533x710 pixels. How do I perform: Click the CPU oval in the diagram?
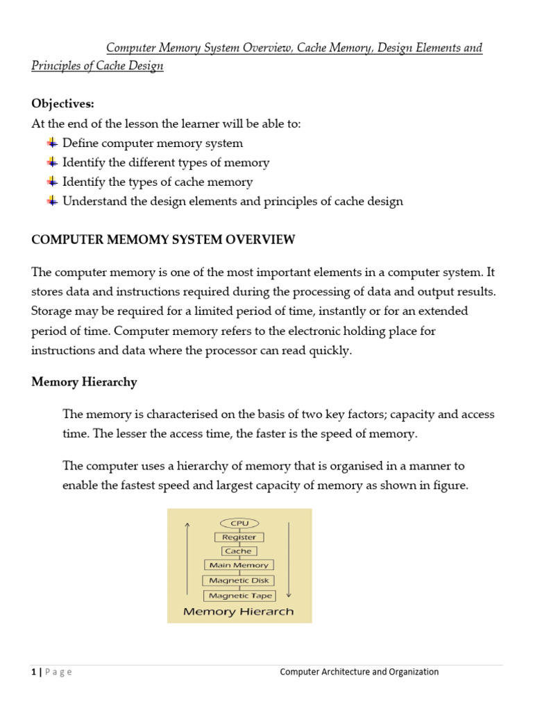click(239, 523)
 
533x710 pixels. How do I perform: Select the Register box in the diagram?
click(239, 537)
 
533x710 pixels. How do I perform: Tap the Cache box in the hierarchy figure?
click(239, 551)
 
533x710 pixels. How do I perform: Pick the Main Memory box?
click(239, 565)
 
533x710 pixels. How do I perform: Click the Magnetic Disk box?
click(239, 580)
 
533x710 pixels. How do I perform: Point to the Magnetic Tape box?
click(239, 596)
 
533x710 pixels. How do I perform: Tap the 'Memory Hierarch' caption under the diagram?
click(238, 612)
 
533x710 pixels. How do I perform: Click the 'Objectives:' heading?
click(62, 103)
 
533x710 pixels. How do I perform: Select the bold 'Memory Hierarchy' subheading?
click(84, 382)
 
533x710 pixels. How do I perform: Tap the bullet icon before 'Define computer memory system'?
click(51, 143)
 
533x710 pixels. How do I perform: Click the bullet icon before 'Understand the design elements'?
click(51, 201)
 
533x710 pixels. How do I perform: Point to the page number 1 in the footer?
click(33, 672)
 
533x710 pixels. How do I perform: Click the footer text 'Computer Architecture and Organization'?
click(359, 672)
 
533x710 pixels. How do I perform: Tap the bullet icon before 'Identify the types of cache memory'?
click(51, 182)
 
